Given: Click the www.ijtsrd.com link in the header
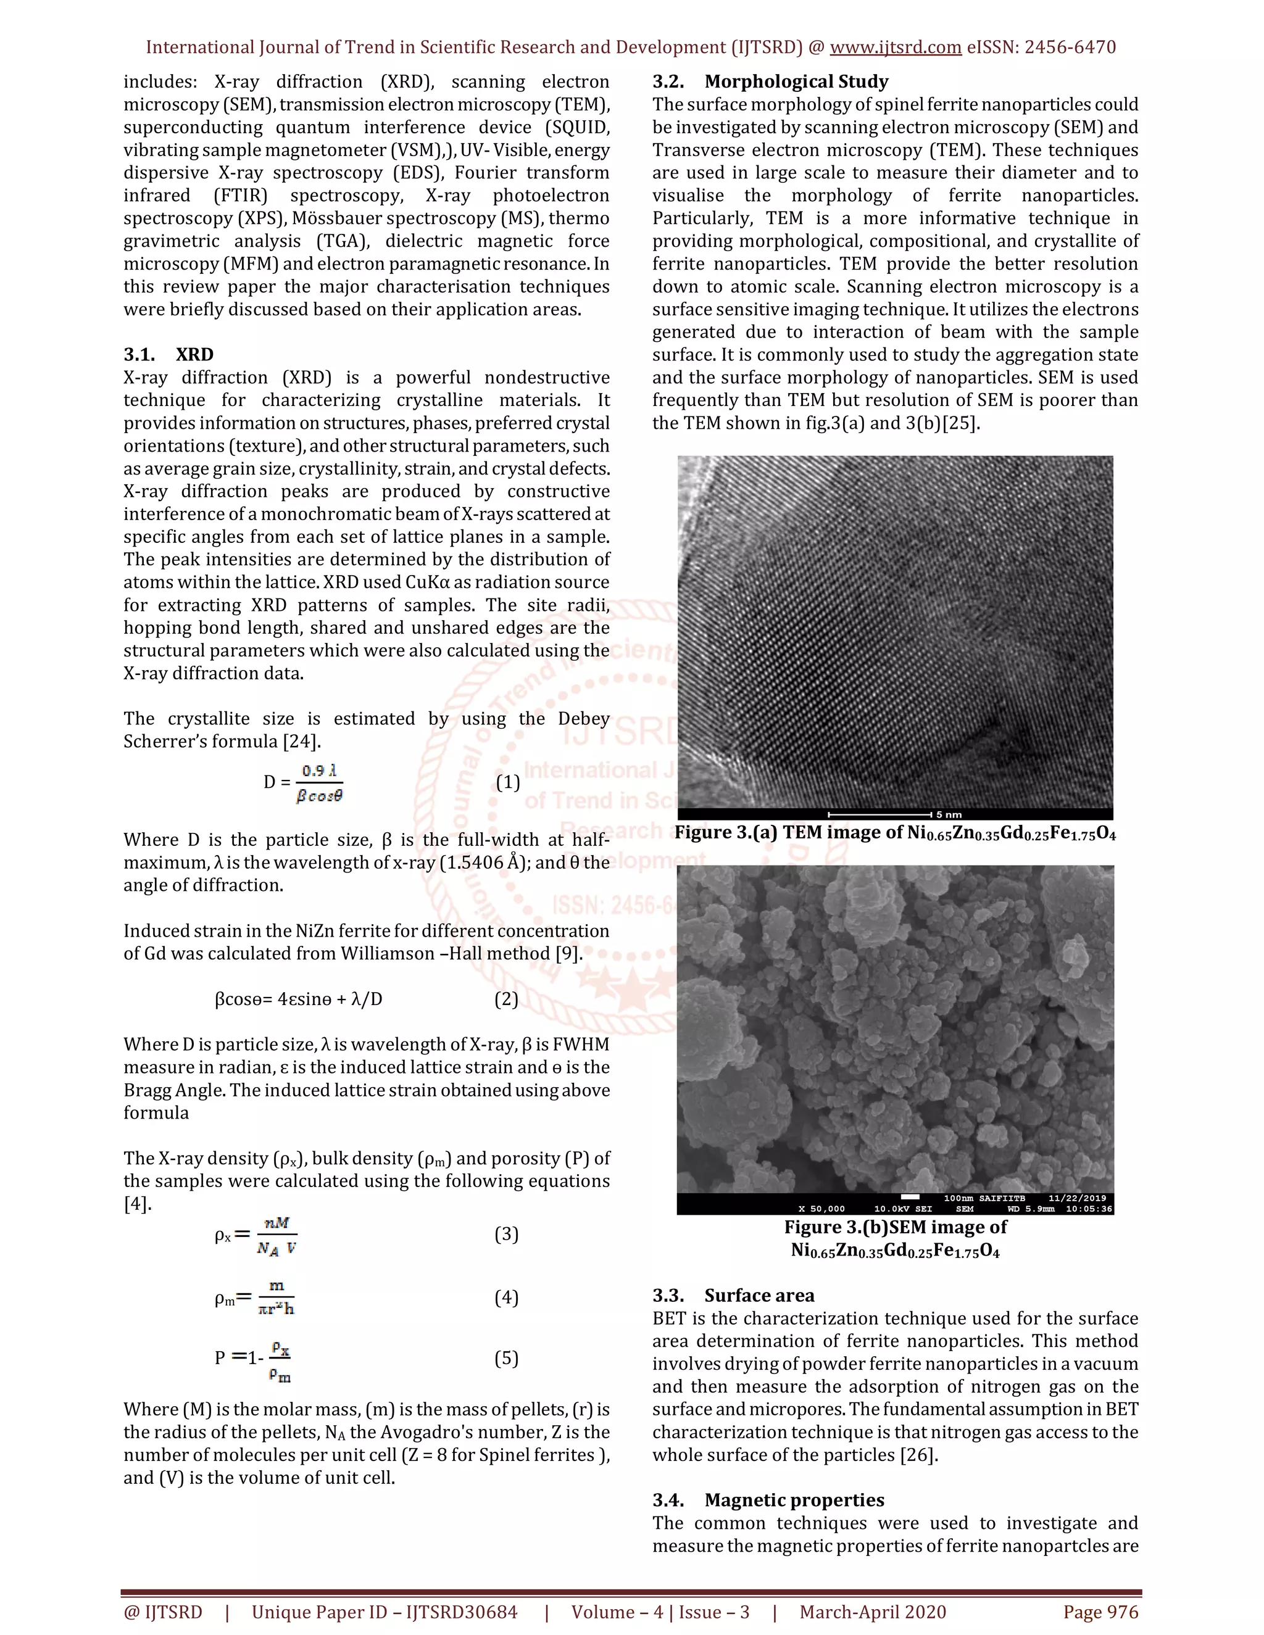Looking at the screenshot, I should tap(895, 47).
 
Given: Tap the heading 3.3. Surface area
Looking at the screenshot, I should tap(733, 1296).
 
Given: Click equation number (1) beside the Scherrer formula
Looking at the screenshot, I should tap(508, 782).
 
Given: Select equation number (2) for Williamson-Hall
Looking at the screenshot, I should tap(506, 1000).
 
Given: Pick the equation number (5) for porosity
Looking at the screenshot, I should tap(506, 1359).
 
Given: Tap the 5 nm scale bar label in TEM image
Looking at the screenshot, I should tap(949, 814).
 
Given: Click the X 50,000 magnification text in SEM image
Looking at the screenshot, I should tap(821, 1209).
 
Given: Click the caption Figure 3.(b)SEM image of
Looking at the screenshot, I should tap(895, 1228).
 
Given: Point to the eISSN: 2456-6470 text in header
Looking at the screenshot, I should tap(1041, 47).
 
